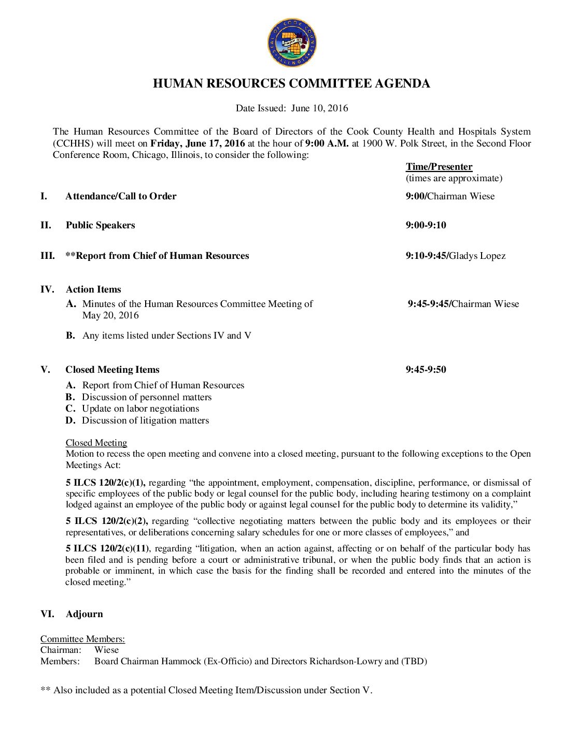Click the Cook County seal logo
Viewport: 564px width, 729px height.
pos(292,43)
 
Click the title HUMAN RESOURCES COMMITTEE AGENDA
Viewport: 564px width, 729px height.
pos(291,84)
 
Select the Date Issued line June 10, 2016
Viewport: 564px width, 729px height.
pos(292,108)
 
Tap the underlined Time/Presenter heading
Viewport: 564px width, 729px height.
pos(439,167)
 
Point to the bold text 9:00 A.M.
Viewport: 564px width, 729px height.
pos(327,143)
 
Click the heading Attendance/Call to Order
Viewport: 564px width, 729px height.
pos(121,196)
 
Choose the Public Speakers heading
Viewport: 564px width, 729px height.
pos(100,225)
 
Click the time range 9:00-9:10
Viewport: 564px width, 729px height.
pos(426,225)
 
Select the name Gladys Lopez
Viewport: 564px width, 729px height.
pos(477,256)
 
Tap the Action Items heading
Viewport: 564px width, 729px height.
pos(93,289)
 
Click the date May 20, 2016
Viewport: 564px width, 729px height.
pos(110,315)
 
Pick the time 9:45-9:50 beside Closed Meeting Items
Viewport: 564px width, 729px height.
pos(426,370)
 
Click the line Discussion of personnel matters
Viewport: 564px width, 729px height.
pos(147,397)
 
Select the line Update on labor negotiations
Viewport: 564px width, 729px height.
pos(140,409)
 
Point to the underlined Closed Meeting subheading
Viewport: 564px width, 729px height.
pos(96,443)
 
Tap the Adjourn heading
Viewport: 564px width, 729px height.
pos(84,614)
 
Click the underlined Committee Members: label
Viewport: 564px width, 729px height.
pos(82,639)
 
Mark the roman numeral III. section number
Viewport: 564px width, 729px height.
pos(48,256)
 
